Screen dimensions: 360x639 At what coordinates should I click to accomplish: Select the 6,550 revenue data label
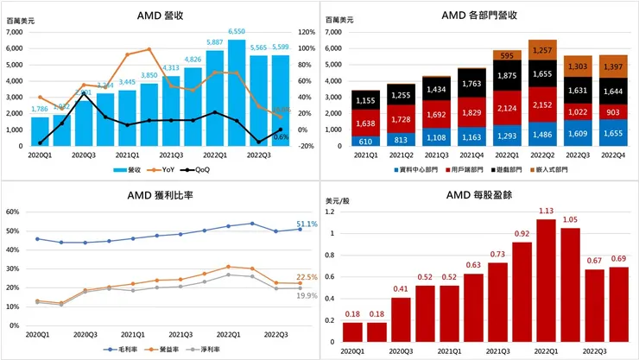coord(237,31)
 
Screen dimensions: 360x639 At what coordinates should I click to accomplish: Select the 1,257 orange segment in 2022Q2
coord(542,51)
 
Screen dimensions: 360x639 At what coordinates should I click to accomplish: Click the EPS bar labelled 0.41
coord(401,322)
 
